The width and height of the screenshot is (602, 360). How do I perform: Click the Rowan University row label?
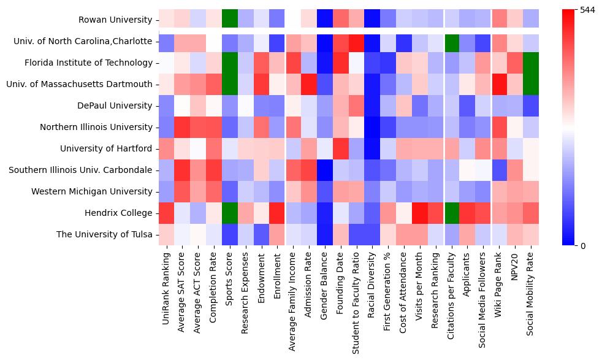pyautogui.click(x=115, y=20)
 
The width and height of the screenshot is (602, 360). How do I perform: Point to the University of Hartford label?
pyautogui.click(x=105, y=149)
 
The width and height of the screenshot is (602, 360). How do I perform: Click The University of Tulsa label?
pyautogui.click(x=104, y=235)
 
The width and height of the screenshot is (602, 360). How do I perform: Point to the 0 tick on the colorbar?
pyautogui.click(x=583, y=246)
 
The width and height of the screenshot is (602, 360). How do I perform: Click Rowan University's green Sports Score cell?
pyautogui.click(x=230, y=20)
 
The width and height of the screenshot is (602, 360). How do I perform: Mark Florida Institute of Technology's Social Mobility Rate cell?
pyautogui.click(x=530, y=63)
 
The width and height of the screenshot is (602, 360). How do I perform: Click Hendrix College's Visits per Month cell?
pyautogui.click(x=419, y=213)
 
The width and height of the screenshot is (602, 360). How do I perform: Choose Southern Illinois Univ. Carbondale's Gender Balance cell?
pyautogui.click(x=325, y=170)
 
